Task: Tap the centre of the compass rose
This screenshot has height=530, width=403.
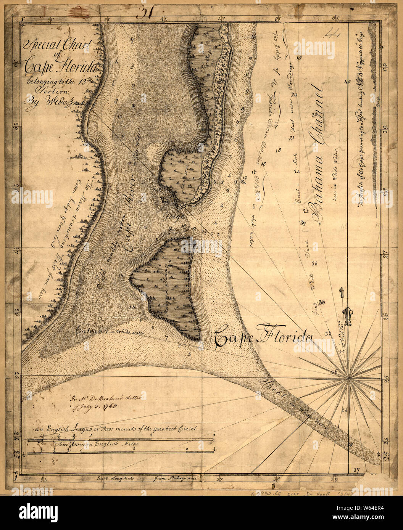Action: pyautogui.click(x=348, y=378)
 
